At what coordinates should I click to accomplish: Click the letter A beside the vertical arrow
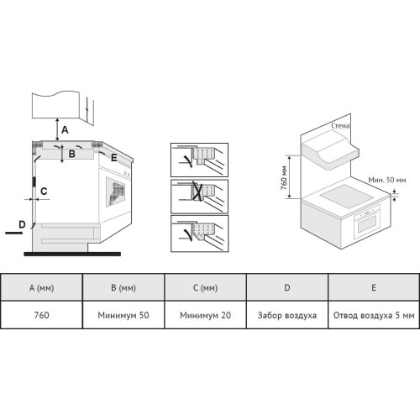point(65,130)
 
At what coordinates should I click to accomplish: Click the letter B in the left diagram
point(72,154)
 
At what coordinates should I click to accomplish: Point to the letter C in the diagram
point(44,192)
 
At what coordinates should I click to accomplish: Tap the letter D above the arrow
point(22,224)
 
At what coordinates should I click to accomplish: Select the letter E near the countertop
point(114,158)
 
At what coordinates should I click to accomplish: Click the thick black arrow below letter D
point(14,233)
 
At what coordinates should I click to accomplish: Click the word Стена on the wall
point(340,126)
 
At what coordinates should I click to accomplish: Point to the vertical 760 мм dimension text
point(284,178)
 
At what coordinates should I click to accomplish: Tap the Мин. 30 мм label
point(387,180)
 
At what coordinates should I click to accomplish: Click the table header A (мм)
point(41,287)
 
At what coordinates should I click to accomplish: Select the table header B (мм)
point(123,287)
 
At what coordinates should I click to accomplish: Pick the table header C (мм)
point(206,287)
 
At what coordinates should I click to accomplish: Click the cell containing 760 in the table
point(41,315)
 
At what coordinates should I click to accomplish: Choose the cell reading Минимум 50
point(123,315)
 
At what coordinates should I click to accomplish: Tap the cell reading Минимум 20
point(206,315)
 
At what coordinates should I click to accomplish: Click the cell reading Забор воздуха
point(287,316)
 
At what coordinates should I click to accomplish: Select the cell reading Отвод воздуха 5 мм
point(374,316)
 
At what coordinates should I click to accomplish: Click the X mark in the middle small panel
point(197,191)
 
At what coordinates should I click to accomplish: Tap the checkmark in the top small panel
point(187,161)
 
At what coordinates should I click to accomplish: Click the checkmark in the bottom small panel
point(187,234)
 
